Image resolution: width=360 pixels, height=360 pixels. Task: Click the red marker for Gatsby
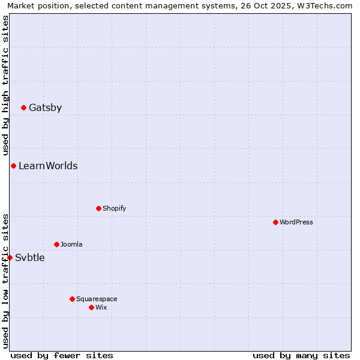(x=23, y=108)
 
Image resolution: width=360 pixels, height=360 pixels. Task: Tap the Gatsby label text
(x=45, y=108)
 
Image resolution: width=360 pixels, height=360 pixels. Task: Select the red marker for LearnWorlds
(x=13, y=166)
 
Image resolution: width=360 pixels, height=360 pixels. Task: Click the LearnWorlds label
(x=48, y=166)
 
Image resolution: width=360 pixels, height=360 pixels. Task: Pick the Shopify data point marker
(x=98, y=208)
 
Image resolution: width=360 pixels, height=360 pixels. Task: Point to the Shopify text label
(x=114, y=209)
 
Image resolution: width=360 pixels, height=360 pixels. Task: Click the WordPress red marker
(x=275, y=222)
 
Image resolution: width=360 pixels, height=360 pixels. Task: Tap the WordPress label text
(x=296, y=223)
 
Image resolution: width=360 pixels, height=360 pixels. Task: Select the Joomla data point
(x=56, y=244)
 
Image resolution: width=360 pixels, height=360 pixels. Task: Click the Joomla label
(x=71, y=245)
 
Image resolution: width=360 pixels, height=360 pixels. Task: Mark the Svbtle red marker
(x=10, y=257)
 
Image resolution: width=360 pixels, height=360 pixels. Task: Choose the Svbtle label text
(x=29, y=258)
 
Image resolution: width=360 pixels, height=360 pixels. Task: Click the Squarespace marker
(x=72, y=299)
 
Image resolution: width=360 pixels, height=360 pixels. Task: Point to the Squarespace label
(x=97, y=299)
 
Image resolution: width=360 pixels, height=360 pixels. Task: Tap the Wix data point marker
(x=91, y=307)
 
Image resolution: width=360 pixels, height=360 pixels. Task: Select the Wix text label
(x=101, y=308)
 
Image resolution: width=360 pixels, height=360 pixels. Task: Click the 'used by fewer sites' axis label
(x=62, y=355)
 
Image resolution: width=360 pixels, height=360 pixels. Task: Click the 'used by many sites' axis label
(x=301, y=355)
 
